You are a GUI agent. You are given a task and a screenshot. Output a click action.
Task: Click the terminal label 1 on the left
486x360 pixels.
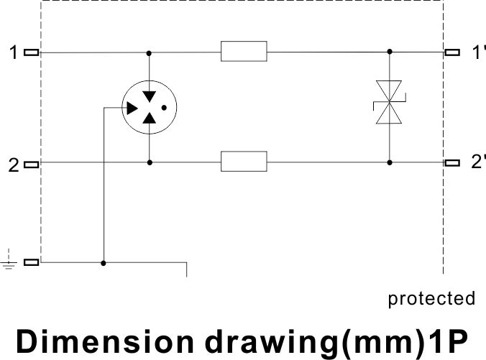[13, 52]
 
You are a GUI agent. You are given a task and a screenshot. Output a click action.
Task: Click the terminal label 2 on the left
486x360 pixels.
[13, 165]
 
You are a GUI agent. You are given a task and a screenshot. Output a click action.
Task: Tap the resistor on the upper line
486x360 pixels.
[244, 52]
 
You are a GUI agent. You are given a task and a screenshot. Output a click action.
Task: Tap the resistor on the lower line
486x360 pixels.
[244, 162]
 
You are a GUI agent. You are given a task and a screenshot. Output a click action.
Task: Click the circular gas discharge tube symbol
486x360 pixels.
[149, 108]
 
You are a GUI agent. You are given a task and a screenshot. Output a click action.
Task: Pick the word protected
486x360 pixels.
[431, 298]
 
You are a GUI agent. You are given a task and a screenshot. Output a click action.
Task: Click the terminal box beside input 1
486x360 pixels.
[32, 52]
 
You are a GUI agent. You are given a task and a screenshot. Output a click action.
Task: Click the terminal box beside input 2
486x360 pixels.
[32, 163]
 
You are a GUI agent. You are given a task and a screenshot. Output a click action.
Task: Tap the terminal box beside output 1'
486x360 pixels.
[452, 52]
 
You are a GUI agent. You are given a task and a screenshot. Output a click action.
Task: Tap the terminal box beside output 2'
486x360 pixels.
[452, 162]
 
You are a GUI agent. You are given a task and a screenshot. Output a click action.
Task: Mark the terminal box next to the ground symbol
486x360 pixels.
[32, 263]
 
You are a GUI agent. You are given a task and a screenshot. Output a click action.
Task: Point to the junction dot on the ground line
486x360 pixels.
[104, 263]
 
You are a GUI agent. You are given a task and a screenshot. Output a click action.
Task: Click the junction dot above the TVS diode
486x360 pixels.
[390, 52]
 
